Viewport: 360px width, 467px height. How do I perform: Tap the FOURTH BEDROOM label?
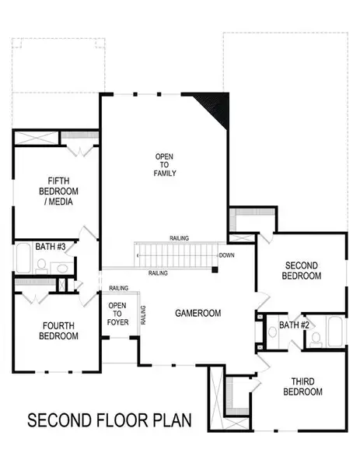pos(59,332)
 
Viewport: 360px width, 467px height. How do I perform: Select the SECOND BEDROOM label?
pos(302,271)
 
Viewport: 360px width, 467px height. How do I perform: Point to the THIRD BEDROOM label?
pos(302,387)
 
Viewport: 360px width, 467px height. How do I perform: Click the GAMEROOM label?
pos(197,313)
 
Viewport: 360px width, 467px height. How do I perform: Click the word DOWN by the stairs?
pos(226,255)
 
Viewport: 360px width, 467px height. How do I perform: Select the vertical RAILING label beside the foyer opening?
pos(143,314)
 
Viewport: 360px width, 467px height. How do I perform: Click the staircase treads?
pos(175,255)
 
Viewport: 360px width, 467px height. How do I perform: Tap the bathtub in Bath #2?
pos(334,333)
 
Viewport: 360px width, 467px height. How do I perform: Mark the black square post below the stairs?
pos(215,270)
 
